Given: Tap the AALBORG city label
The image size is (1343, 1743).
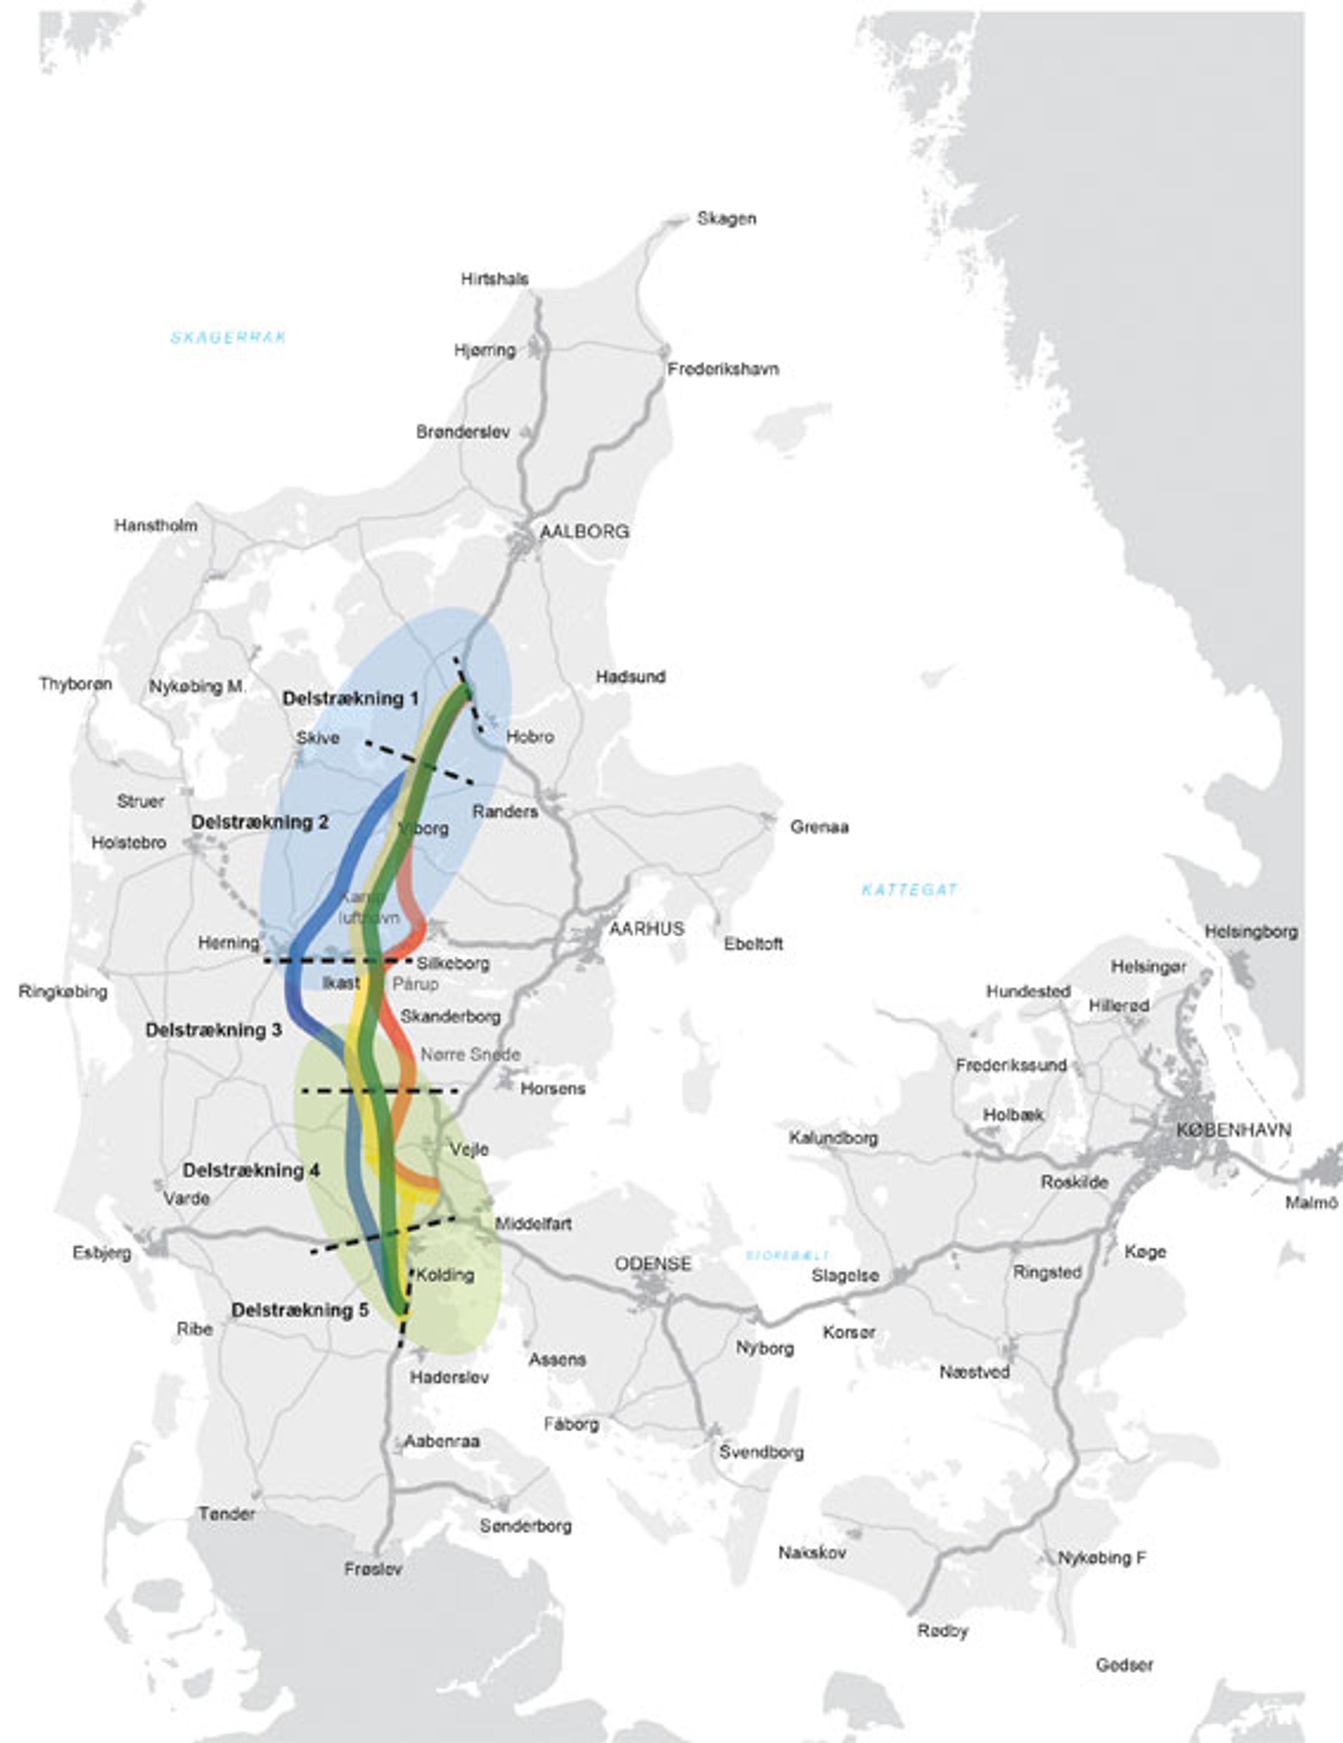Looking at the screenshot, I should click(x=584, y=531).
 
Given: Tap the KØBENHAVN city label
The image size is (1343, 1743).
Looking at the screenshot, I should click(x=1233, y=1130).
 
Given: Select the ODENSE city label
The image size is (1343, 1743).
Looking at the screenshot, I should click(x=653, y=1264).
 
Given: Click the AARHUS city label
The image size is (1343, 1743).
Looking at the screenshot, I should click(x=647, y=929).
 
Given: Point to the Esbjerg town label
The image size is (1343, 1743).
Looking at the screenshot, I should click(x=102, y=1253).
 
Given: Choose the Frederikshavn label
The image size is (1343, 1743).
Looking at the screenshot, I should click(x=723, y=370).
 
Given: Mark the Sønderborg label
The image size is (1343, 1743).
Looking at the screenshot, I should click(x=526, y=1526).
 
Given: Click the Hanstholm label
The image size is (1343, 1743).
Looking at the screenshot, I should click(x=156, y=526).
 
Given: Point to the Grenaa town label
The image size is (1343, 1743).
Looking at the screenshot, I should click(x=819, y=827).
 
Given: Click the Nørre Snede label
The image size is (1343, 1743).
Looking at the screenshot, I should click(x=470, y=1054).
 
